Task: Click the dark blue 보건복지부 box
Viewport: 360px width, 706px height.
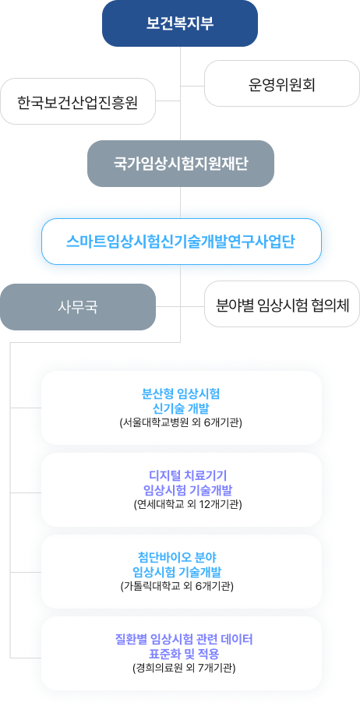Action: [x=180, y=23]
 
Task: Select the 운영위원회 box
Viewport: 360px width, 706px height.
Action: [x=282, y=83]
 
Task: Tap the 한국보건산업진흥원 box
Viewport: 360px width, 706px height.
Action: [x=78, y=101]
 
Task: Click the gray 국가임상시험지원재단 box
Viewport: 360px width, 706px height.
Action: [x=181, y=164]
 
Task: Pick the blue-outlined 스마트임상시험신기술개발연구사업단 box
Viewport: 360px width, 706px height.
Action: [x=182, y=242]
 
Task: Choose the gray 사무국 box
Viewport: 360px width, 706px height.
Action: [x=78, y=307]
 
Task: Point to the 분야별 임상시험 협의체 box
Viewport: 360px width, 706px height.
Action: [x=282, y=304]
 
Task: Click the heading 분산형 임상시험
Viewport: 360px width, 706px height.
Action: [x=181, y=394]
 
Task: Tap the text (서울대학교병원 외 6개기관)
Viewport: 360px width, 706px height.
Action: [x=181, y=423]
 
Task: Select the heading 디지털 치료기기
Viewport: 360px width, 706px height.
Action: [x=181, y=475]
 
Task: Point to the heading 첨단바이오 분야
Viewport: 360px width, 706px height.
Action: [x=181, y=557]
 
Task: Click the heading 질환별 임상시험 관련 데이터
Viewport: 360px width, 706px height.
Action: [x=184, y=639]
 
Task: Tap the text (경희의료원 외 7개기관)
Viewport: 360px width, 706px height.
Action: [x=184, y=668]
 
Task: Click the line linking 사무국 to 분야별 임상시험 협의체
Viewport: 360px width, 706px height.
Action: [x=180, y=306]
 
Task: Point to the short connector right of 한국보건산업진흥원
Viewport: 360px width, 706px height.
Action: [x=168, y=101]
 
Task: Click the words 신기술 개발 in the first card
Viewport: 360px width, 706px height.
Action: [x=181, y=408]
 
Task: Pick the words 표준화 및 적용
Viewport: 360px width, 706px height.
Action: [x=184, y=653]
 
